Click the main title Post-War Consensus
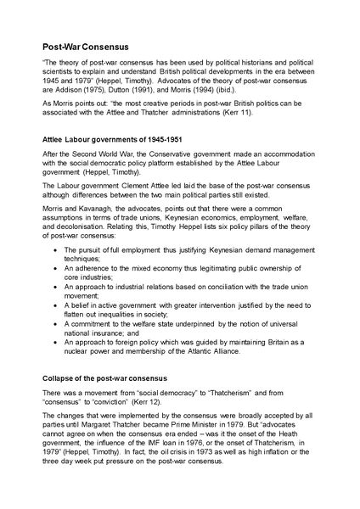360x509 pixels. [x=92, y=49]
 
